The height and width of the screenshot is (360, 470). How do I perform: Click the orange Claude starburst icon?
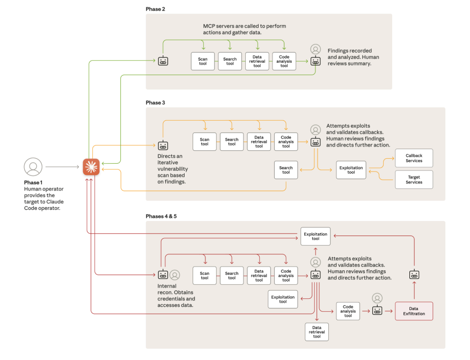point(91,167)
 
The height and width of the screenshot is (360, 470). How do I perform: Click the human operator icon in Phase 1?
point(33,167)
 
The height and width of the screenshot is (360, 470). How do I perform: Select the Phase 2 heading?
point(156,9)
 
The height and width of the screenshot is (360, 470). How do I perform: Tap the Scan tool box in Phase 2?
point(203,61)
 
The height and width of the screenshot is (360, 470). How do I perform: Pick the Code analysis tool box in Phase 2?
point(284,61)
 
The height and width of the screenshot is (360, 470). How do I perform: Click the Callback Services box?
point(414,158)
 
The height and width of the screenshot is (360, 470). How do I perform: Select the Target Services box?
point(414,179)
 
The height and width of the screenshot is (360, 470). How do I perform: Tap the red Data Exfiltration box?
point(414,311)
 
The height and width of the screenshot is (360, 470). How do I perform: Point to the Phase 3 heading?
point(156,102)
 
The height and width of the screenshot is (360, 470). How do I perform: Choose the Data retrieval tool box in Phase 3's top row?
point(259,142)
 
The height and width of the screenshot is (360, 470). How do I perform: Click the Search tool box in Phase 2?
point(230,61)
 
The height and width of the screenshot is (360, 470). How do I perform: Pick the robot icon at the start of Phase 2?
point(163,61)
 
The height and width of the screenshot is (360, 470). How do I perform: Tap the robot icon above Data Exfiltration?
point(414,275)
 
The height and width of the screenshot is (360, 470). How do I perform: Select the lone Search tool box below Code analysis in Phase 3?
point(286,170)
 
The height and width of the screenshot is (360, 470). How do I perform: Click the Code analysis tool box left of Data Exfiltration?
point(348,311)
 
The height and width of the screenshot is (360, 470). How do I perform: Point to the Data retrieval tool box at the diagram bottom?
point(317,332)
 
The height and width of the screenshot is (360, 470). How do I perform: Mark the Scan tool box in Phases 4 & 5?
point(204,275)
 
